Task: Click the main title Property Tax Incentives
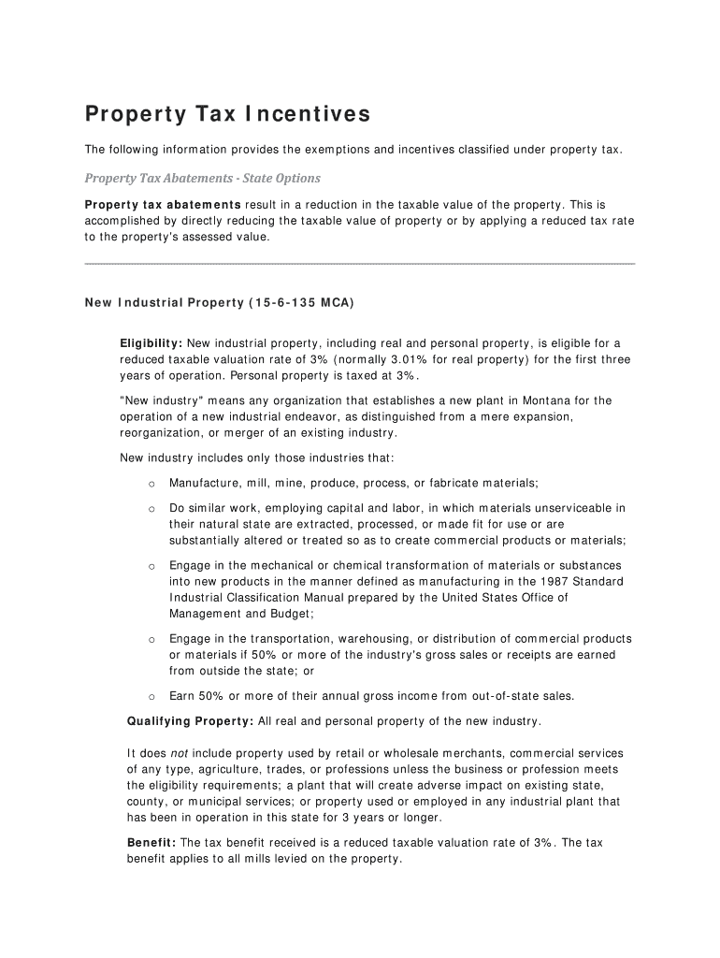(x=228, y=114)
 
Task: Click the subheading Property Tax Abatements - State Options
(x=203, y=178)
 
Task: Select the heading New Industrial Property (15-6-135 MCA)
(x=220, y=303)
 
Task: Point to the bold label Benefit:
(x=151, y=843)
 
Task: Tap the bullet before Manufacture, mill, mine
(x=151, y=484)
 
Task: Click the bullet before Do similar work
(x=151, y=509)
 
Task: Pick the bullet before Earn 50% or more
(x=151, y=696)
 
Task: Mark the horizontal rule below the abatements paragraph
(x=360, y=265)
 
